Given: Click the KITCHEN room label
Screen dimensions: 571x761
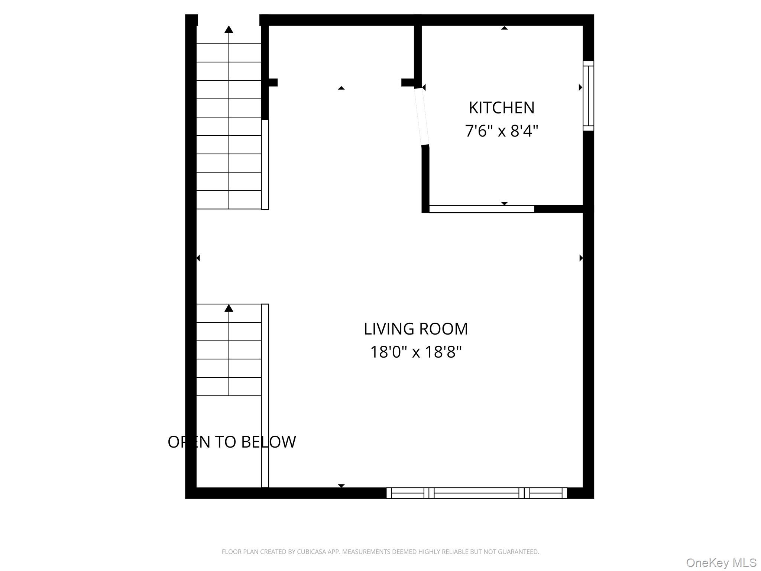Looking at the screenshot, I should tap(501, 108).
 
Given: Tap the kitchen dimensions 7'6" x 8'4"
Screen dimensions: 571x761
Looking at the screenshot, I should tap(501, 131).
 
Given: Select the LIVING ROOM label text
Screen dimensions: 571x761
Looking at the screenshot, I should tap(415, 329).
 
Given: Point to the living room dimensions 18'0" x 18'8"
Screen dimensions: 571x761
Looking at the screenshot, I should tap(415, 352).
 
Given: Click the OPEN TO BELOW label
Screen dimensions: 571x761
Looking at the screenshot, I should tap(232, 442).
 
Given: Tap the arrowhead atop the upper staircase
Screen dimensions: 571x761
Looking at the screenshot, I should tap(229, 30).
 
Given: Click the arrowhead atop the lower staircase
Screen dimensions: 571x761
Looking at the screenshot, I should tap(229, 308).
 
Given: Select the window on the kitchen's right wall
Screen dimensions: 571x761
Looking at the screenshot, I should tap(588, 96).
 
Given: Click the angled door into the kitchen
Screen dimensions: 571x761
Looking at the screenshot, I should tap(422, 116).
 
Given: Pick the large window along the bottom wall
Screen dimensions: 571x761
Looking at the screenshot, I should tap(477, 493).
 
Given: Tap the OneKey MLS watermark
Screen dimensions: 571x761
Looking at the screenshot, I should tap(721, 563).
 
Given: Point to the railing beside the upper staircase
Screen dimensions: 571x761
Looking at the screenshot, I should tap(265, 164).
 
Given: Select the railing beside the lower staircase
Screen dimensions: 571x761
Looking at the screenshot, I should tap(265, 395).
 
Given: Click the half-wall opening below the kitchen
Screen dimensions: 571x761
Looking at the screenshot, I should tap(482, 209).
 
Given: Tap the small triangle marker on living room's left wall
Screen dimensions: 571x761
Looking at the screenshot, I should tap(198, 258).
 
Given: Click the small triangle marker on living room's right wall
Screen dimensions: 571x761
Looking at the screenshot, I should tap(581, 258).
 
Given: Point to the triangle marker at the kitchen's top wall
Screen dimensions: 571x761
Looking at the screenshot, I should tap(504, 28).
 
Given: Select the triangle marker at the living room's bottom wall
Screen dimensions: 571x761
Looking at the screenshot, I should tap(341, 485).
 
